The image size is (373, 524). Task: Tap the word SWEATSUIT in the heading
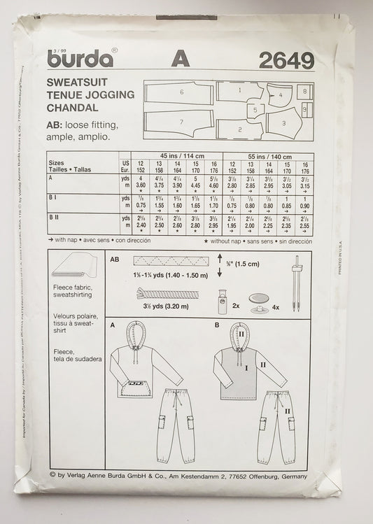tap(82, 83)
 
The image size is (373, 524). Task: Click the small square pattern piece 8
tap(307, 91)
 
